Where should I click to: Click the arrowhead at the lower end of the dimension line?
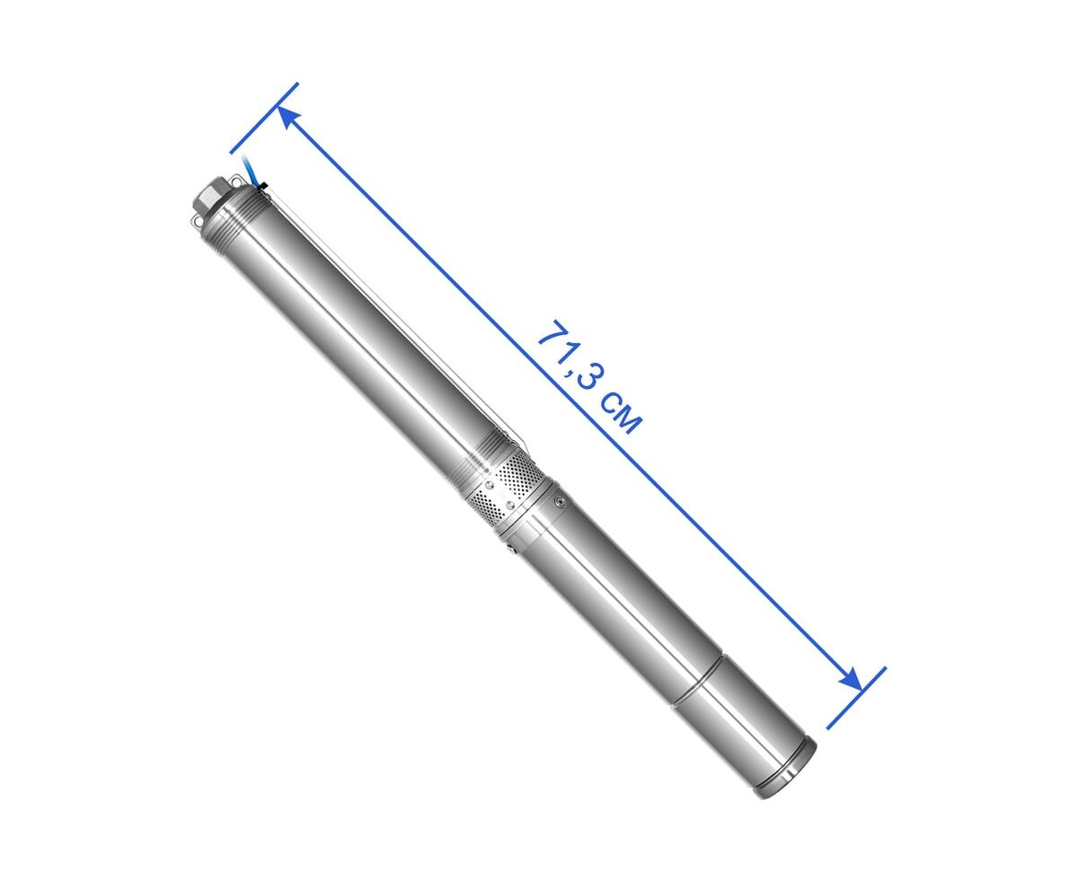click(851, 679)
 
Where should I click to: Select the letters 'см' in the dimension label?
click(620, 412)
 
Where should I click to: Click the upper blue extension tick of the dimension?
click(264, 118)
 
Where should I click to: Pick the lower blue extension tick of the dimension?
click(856, 698)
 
